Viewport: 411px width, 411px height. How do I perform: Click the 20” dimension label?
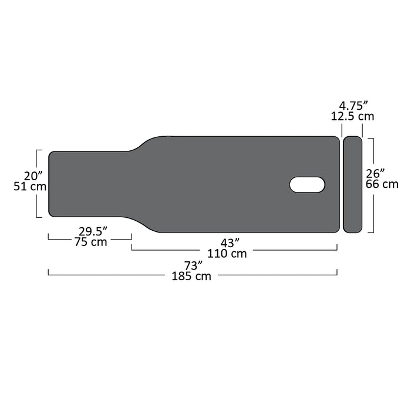[x=33, y=176]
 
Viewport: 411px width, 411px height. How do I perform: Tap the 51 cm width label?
[x=30, y=187]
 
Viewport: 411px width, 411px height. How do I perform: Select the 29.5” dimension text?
[x=93, y=231]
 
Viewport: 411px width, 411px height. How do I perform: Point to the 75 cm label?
[x=91, y=242]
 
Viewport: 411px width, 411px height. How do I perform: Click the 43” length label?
[x=230, y=243]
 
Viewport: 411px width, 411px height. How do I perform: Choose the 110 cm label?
[x=227, y=254]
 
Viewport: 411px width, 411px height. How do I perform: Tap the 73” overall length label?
[x=193, y=265]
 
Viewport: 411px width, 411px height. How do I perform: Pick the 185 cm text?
[x=191, y=277]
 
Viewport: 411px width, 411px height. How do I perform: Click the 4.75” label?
[x=353, y=106]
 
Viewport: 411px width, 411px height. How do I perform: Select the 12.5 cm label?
[x=352, y=116]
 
